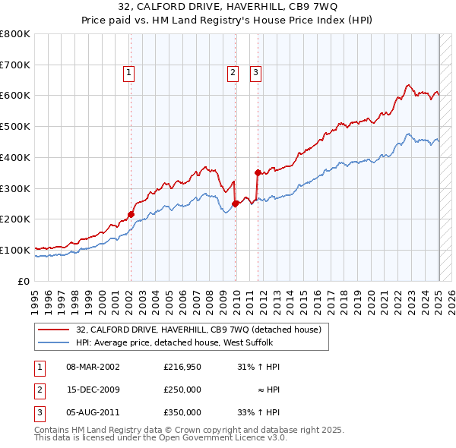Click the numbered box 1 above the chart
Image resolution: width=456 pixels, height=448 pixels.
[129, 73]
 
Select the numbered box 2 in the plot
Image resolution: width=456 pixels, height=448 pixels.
[232, 73]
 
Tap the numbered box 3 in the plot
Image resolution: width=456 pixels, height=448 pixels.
[256, 73]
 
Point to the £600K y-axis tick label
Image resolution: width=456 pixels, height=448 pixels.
[15, 96]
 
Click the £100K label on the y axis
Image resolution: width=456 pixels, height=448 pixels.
[15, 250]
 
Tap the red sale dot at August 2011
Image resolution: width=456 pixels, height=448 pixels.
[258, 172]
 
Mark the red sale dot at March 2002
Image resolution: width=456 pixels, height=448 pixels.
[131, 214]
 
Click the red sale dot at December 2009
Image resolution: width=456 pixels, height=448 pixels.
[236, 203]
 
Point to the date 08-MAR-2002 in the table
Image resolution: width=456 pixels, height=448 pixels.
[93, 367]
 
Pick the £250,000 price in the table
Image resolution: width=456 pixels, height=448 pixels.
[182, 390]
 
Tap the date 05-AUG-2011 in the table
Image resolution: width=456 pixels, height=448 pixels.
[93, 412]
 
